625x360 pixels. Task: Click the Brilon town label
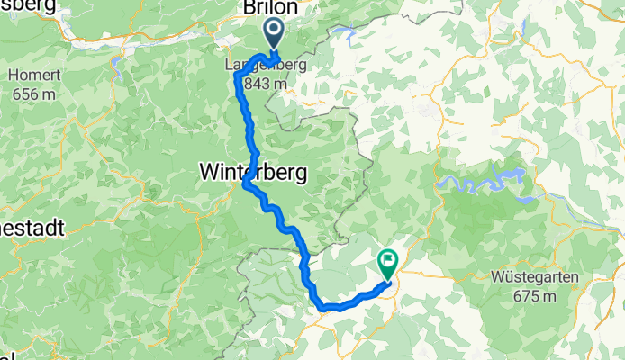267,8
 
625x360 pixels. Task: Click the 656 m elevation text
32,94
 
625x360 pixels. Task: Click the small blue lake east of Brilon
343,35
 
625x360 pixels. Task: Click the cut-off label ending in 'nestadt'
32,229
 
